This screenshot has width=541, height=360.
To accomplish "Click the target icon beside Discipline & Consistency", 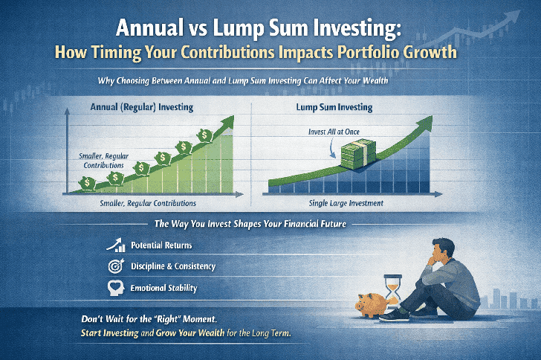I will coord(116,266).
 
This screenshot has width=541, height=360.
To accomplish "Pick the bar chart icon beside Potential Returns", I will coord(116,244).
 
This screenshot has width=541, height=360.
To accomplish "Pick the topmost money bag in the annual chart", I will coord(204,134).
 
